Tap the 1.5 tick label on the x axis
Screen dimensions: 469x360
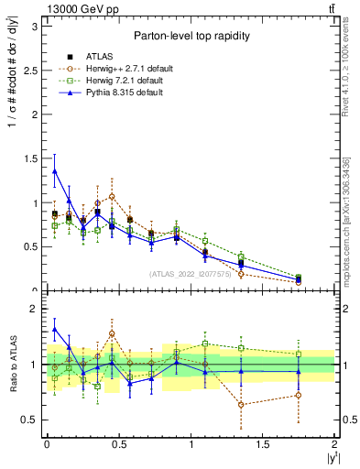pos(263,444)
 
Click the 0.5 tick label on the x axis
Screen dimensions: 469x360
pos(119,444)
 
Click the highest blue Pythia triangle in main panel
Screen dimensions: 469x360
pos(55,171)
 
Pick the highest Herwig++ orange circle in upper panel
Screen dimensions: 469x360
pos(112,196)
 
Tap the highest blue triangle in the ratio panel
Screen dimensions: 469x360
pos(55,329)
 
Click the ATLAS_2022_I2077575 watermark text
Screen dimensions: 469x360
pos(190,273)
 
